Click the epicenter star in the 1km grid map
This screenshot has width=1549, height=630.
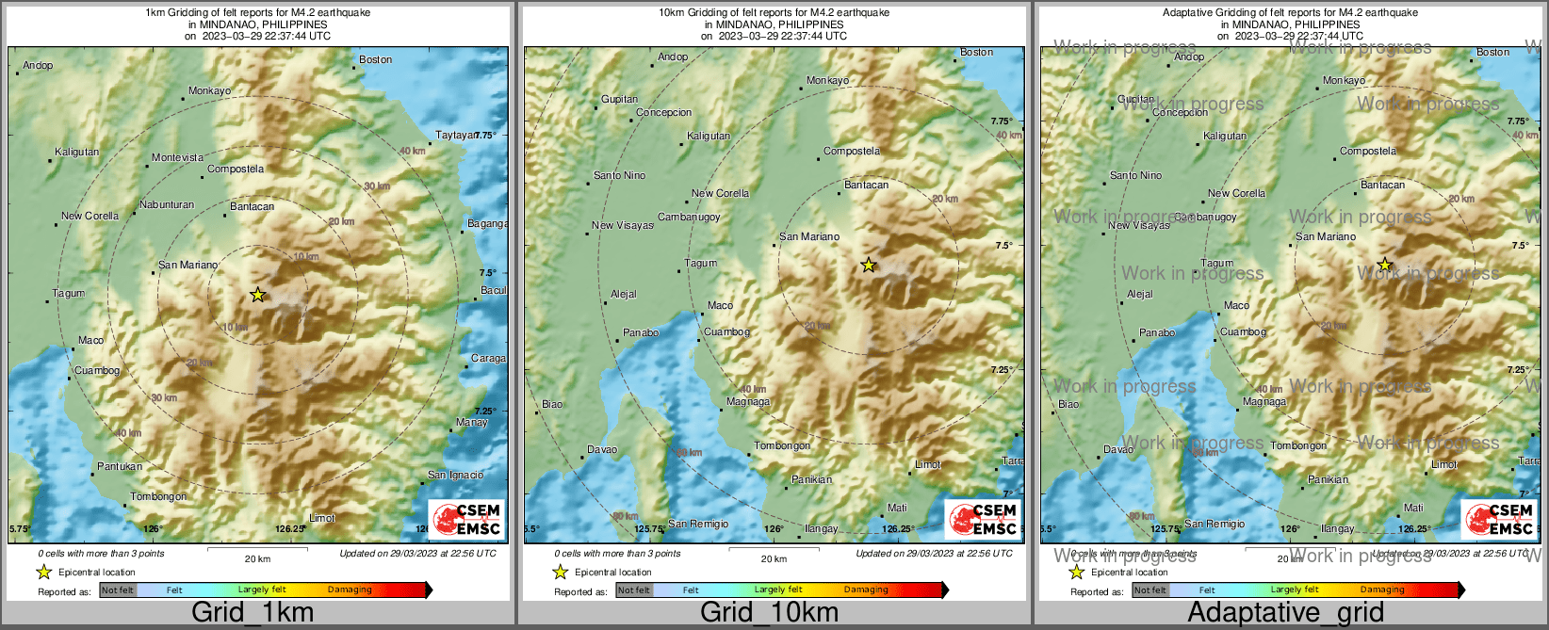point(258,295)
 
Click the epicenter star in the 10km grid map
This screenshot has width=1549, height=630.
point(869,266)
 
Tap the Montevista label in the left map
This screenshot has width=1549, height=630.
point(178,158)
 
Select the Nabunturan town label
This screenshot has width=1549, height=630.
point(167,204)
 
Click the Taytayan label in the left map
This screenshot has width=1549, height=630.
point(455,136)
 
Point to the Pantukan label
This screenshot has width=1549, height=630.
point(120,466)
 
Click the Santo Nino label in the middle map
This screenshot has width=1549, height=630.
point(620,175)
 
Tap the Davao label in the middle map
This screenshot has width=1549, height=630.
point(602,449)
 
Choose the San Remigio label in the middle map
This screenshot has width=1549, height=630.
point(698,524)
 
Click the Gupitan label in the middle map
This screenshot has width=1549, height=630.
point(620,99)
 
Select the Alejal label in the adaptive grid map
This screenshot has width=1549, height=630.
point(1140,294)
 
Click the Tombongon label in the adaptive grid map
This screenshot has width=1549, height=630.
point(1298,445)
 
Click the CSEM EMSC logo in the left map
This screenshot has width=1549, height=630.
point(467,519)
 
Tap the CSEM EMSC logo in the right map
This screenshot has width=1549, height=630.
point(1500,519)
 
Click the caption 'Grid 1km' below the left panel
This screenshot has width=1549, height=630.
point(253,612)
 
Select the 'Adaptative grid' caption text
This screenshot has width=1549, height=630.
point(1285,612)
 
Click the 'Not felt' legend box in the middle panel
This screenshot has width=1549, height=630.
point(634,590)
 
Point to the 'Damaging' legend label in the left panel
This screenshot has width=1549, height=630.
point(350,590)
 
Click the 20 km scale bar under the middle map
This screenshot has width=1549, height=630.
point(774,551)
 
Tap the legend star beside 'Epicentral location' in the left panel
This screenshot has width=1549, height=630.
point(43,572)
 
